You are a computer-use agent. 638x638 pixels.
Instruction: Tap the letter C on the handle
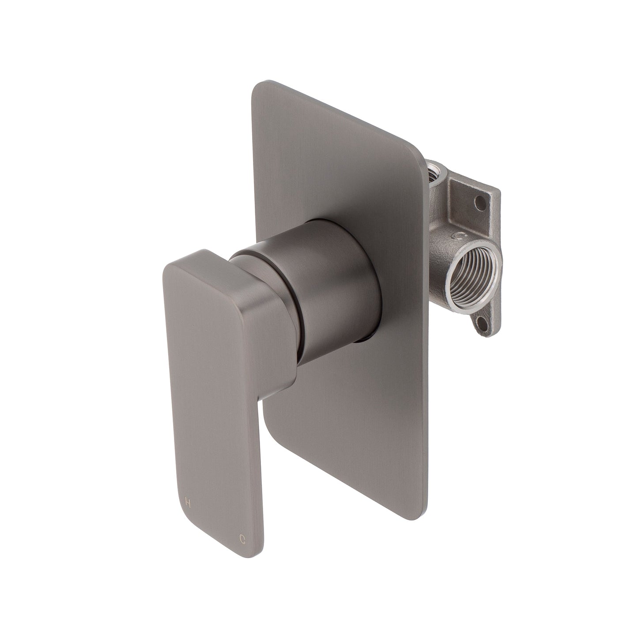(242, 539)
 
